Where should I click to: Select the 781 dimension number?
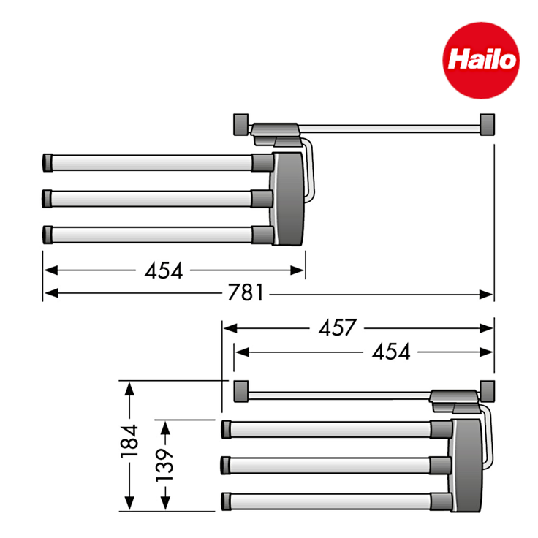[245, 294]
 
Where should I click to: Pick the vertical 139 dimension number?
[165, 462]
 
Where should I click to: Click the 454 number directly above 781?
[164, 270]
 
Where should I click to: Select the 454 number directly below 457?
[391, 352]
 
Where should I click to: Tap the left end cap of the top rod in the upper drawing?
[48, 161]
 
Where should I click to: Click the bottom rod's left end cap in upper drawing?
[48, 234]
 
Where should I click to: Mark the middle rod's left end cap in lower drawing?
[227, 464]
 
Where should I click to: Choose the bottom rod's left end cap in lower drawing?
[227, 501]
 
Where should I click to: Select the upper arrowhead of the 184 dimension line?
[129, 388]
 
